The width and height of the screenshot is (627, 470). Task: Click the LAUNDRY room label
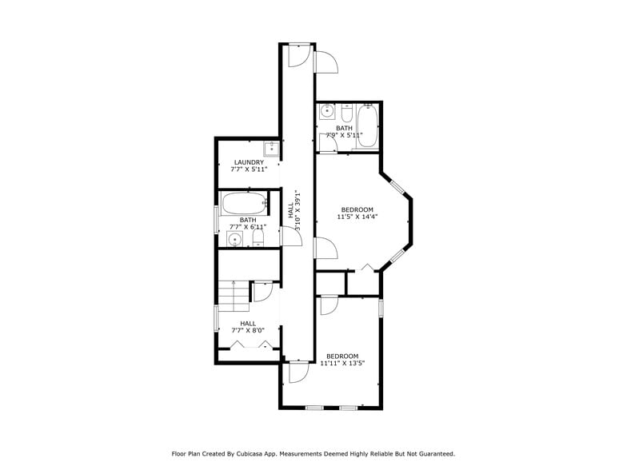pyautogui.click(x=249, y=162)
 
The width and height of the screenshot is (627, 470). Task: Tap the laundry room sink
pyautogui.click(x=271, y=147)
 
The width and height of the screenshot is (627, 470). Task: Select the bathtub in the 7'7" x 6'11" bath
pyautogui.click(x=244, y=202)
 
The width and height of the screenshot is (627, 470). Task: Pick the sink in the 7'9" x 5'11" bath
pyautogui.click(x=327, y=111)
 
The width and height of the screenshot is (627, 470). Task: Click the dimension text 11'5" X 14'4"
pyautogui.click(x=357, y=217)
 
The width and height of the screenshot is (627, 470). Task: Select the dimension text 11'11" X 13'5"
pyautogui.click(x=341, y=363)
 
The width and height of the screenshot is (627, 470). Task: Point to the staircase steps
pyautogui.click(x=234, y=297)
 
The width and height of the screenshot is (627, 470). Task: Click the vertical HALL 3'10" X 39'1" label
pyautogui.click(x=294, y=210)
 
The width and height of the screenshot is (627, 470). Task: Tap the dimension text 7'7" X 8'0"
pyautogui.click(x=248, y=330)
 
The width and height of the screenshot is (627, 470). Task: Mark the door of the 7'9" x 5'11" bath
pyautogui.click(x=328, y=142)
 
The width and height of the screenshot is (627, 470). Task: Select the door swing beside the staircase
pyautogui.click(x=262, y=292)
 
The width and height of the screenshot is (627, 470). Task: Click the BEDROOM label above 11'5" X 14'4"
pyautogui.click(x=357, y=209)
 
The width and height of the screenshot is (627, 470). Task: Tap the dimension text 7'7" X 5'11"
pyautogui.click(x=249, y=169)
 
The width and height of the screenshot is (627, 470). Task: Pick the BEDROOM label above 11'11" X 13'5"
pyautogui.click(x=341, y=356)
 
